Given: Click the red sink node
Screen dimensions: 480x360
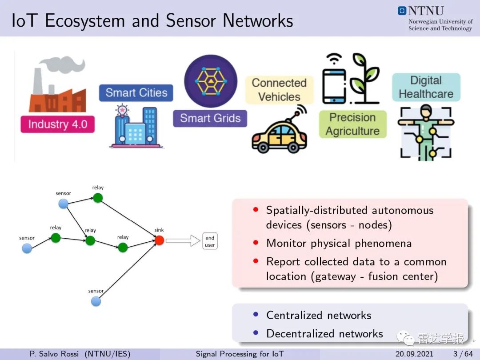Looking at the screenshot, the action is click(159, 240).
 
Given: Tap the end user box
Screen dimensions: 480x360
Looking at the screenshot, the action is click(210, 241).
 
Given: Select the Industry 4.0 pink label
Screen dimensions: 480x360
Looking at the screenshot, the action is click(57, 124).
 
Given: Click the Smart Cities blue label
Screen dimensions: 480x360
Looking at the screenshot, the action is click(136, 93).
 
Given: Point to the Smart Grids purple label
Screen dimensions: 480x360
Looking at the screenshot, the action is click(210, 119).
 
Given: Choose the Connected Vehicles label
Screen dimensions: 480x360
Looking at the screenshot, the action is click(279, 90).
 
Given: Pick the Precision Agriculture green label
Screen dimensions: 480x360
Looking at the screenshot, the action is click(352, 124).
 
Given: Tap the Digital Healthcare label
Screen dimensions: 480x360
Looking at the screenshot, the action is click(426, 87).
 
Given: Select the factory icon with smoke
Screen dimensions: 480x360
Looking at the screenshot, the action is click(57, 84).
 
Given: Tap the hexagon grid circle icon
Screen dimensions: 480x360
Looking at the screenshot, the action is click(211, 81).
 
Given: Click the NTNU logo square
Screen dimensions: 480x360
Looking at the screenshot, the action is click(402, 11).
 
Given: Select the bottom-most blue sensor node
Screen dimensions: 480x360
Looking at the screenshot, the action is click(96, 301).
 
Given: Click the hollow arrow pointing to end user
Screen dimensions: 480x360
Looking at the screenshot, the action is click(183, 240).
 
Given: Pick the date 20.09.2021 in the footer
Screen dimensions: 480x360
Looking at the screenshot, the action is click(414, 354).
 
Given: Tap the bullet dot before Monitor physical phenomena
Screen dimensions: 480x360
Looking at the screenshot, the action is click(256, 243).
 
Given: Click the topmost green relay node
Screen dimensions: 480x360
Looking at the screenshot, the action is click(98, 198).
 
